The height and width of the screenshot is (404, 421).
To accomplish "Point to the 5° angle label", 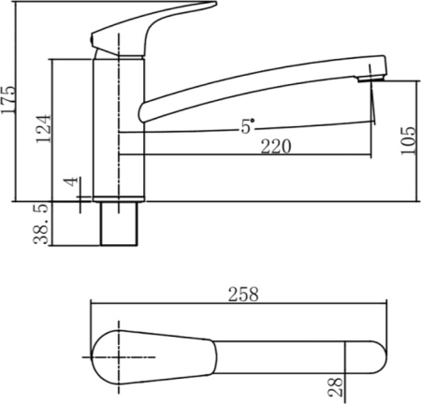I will (x=247, y=127).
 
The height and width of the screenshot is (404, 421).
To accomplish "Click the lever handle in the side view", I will (x=150, y=23).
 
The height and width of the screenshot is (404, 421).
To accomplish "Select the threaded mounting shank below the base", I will (x=119, y=224).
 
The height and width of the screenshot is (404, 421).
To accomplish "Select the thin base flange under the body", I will (x=119, y=199).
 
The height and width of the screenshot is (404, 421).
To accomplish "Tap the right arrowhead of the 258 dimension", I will (x=384, y=305).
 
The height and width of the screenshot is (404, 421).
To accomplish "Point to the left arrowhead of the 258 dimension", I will (x=94, y=305).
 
